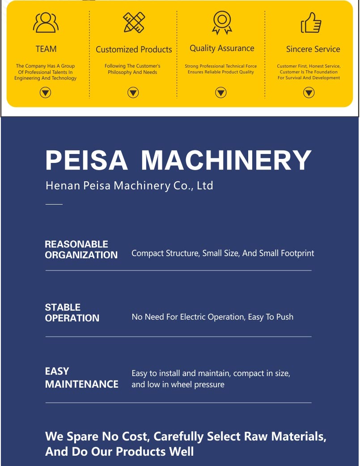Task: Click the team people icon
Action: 46,22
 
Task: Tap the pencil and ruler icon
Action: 134,22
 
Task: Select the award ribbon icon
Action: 222,22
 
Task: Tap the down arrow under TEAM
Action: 46,93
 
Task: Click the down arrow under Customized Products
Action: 133,93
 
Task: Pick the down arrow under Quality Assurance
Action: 221,93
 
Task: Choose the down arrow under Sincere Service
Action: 309,93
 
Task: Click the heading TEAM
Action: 46,49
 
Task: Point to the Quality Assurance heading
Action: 222,48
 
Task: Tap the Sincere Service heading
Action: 313,49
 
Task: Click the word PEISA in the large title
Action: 87,160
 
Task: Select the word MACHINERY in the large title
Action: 226,160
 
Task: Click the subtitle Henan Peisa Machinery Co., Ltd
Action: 129,185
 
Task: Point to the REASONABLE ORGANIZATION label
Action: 81,250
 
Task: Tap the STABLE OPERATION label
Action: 72,313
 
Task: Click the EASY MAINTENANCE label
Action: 81,378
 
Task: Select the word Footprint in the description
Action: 297,253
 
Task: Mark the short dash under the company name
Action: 54,204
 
